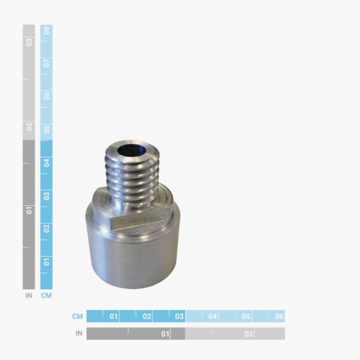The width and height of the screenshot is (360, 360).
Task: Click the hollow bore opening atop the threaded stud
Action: [132, 151]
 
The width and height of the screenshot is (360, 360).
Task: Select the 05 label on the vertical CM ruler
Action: [46, 129]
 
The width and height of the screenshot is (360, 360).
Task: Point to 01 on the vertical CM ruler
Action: [46, 261]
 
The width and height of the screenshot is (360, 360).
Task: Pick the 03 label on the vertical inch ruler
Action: [29, 42]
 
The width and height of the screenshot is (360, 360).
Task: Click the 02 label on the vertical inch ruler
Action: [29, 127]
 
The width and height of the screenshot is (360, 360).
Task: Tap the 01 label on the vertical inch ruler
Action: [29, 211]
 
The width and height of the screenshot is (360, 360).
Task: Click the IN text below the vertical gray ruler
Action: [29, 295]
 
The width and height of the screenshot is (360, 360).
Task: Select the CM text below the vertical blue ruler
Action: [46, 295]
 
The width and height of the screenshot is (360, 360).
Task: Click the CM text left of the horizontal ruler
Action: [77, 316]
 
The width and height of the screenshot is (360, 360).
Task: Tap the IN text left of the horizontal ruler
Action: [79, 334]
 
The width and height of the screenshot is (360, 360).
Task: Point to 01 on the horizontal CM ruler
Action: [113, 316]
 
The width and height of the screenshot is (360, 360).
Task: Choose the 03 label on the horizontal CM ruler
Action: [179, 316]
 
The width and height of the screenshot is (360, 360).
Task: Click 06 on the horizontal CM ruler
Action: [279, 316]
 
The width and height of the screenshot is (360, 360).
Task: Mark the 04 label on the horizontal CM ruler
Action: [212, 316]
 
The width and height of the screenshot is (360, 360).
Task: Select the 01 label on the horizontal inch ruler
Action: [165, 334]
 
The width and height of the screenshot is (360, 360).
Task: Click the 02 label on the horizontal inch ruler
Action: [249, 334]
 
